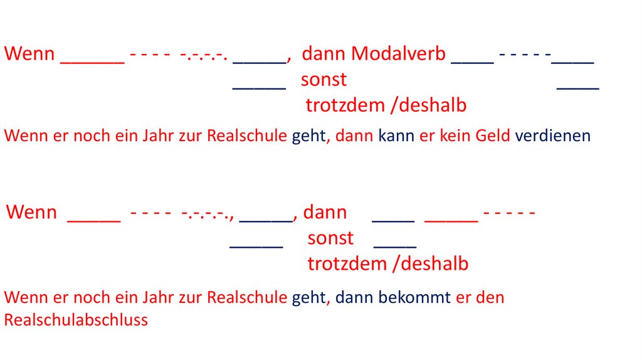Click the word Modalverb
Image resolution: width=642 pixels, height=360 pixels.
click(399, 54)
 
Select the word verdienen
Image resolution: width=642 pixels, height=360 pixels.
click(553, 135)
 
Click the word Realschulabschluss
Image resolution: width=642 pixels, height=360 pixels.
click(76, 320)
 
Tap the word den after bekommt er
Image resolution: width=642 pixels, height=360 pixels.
click(490, 297)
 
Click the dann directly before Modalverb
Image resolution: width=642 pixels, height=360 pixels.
click(324, 54)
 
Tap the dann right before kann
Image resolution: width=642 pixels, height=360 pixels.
click(355, 135)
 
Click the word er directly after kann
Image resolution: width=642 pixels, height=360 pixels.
click(426, 135)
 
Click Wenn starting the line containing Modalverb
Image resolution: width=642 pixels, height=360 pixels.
click(30, 54)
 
